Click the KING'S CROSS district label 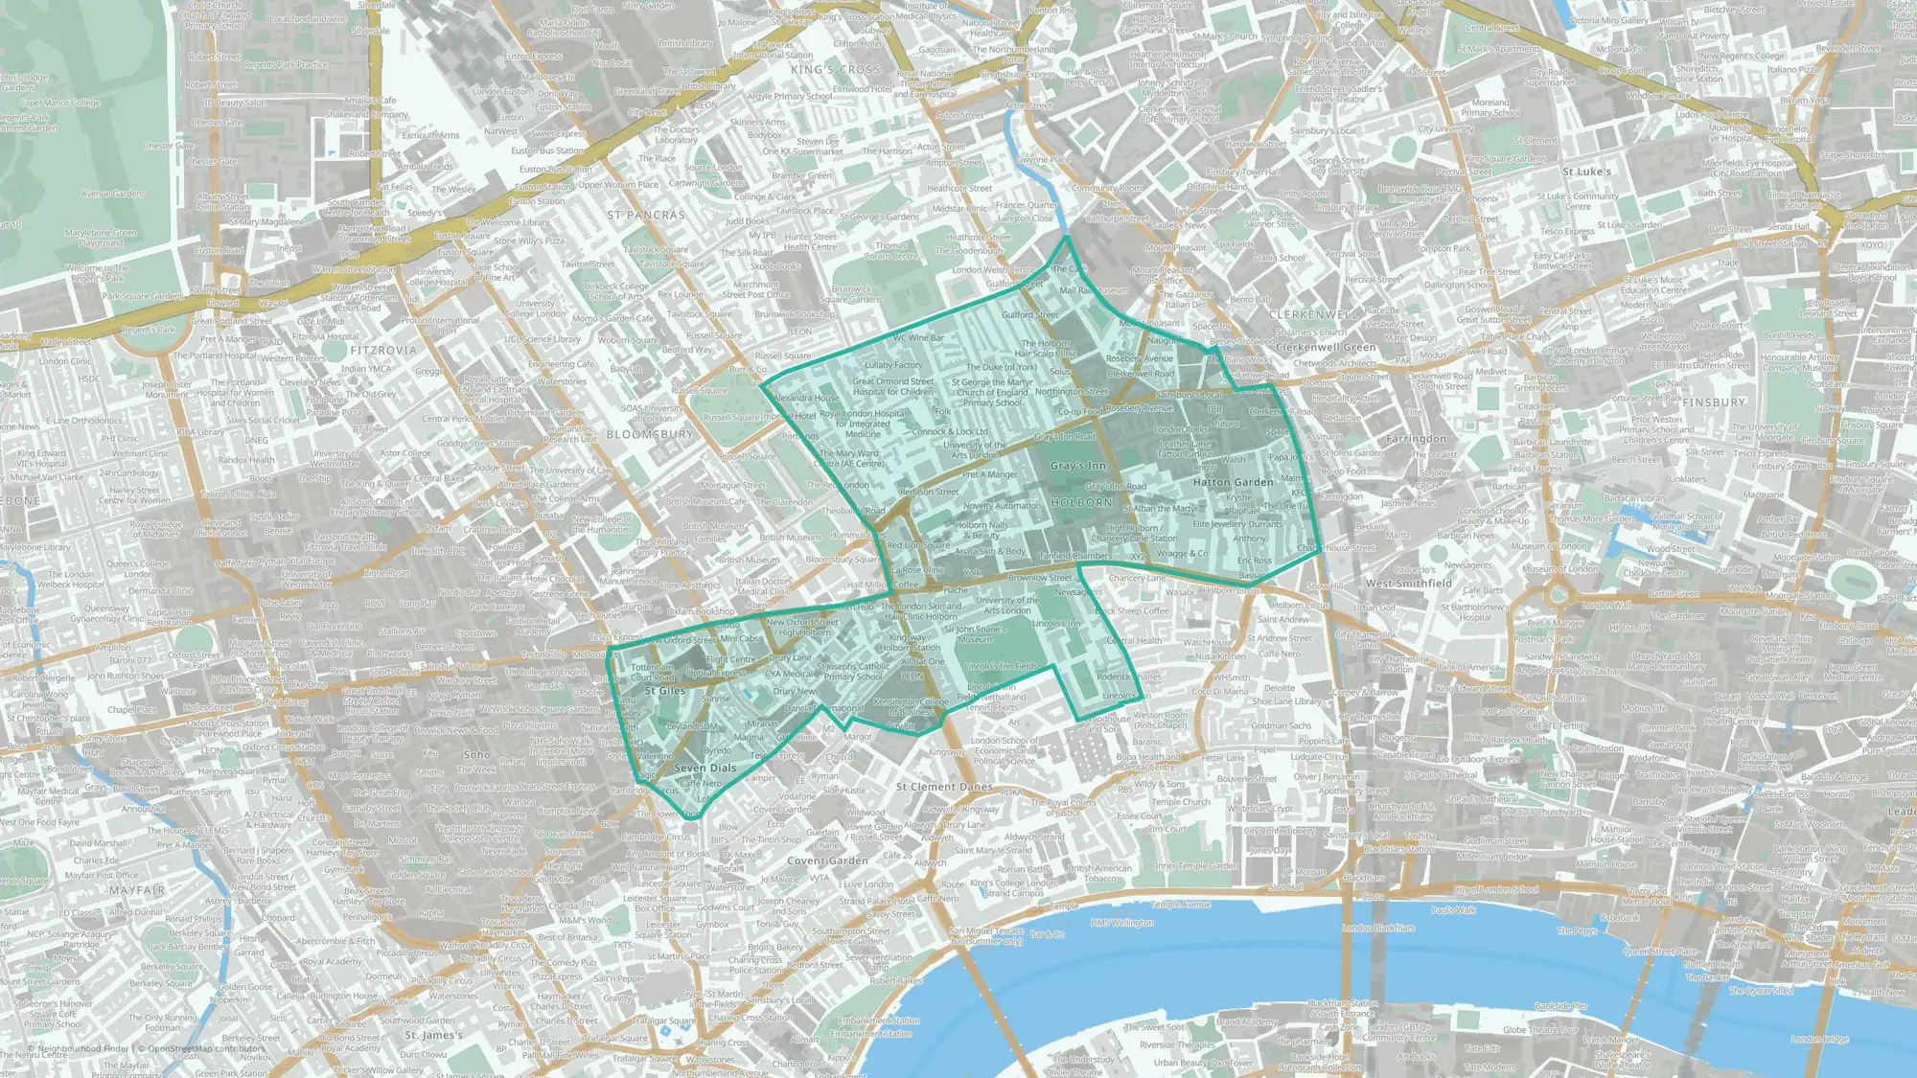click(x=835, y=70)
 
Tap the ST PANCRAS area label click(x=646, y=216)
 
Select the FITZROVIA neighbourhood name click(x=383, y=351)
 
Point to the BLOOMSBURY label click(x=650, y=435)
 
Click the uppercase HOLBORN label click(x=1082, y=503)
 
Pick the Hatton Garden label click(x=1233, y=483)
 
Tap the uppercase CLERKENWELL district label click(x=1313, y=314)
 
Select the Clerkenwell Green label click(x=1326, y=348)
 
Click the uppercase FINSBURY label click(x=1714, y=402)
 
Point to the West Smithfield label click(x=1408, y=584)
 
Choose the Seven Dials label click(x=705, y=768)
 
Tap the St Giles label click(x=665, y=691)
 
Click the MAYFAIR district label click(x=137, y=890)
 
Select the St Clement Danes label click(x=944, y=787)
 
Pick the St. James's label click(x=434, y=1035)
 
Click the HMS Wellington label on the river click(x=1122, y=923)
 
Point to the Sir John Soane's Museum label click(x=975, y=634)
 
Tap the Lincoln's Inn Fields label click(x=1001, y=666)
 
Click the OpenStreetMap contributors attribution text click(x=205, y=1049)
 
